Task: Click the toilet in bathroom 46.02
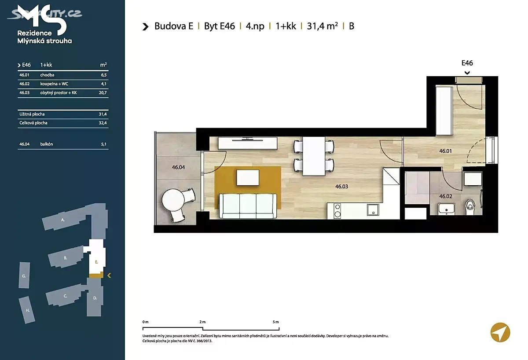470,207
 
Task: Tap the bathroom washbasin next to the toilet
446,209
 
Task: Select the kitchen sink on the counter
373,210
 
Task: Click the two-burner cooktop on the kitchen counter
337,210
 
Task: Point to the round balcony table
173,200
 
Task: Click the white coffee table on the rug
247,177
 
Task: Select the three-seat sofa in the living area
248,206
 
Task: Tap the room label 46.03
341,187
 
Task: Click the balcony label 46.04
178,167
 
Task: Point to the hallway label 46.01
445,151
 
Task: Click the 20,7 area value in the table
103,93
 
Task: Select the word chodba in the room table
47,75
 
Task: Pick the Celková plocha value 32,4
103,123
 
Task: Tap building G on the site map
24,275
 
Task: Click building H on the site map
27,310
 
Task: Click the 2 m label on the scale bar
202,322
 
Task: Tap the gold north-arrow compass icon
500,332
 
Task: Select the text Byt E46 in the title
220,26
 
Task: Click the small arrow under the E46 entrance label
467,73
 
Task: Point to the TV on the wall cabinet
247,140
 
